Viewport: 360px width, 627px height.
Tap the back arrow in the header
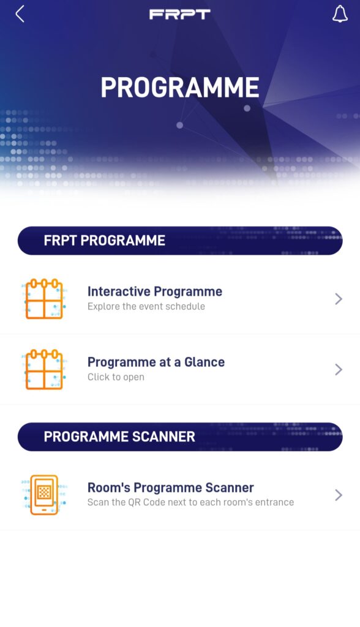[20, 14]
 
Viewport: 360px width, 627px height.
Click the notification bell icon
[340, 14]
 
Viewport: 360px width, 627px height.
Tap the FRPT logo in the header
[179, 15]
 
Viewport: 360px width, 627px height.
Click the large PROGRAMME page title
[180, 87]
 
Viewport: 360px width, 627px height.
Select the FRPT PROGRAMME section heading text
[105, 240]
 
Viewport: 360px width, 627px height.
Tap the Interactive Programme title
[155, 291]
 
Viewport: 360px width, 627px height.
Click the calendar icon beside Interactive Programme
[44, 299]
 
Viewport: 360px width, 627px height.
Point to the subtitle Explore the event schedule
[146, 306]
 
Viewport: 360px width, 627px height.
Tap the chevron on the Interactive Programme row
[339, 299]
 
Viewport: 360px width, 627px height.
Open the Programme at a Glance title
[156, 362]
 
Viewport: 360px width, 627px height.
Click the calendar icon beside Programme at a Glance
[44, 369]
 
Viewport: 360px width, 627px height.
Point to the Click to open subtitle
[116, 377]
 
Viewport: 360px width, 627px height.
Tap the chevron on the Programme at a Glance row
[339, 369]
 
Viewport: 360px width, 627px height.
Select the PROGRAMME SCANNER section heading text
[119, 436]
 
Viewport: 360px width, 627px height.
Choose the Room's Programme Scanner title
[171, 487]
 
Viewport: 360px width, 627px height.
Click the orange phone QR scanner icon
[44, 495]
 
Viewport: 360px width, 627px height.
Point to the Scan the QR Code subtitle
[191, 502]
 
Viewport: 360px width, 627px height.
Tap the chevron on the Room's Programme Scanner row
[339, 495]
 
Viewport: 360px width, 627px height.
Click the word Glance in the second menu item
[204, 362]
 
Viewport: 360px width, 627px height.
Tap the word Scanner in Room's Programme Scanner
[229, 487]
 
